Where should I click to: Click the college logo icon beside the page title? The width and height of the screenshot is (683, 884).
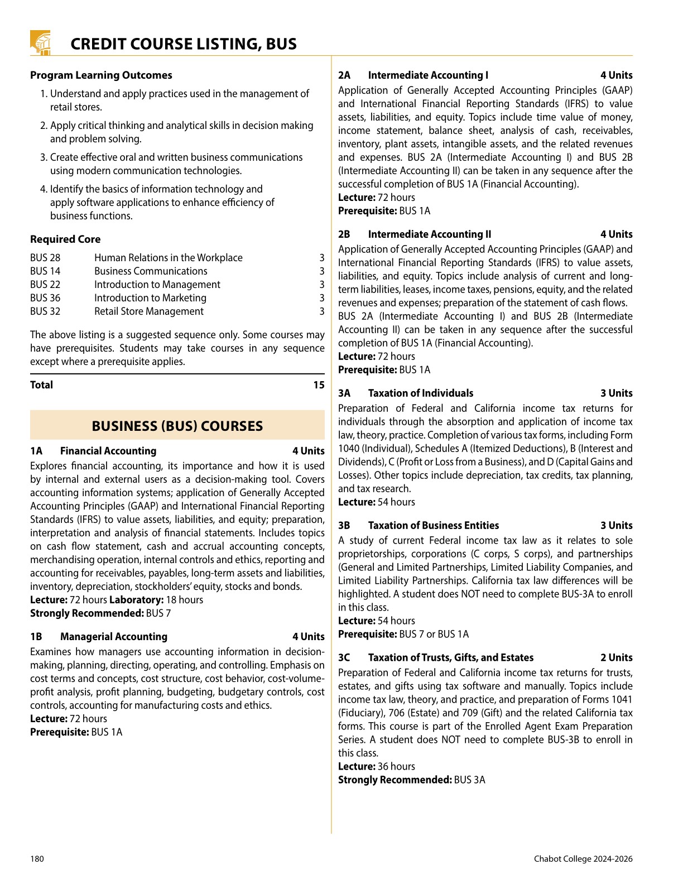(x=40, y=43)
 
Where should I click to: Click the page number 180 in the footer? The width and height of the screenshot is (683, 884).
(x=37, y=859)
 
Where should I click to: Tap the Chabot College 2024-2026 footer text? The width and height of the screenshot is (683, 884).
(x=583, y=859)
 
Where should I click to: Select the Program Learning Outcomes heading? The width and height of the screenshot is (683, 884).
(x=101, y=75)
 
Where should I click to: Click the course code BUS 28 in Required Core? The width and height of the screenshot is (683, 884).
(x=45, y=258)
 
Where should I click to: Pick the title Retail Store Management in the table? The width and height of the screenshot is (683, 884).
(x=149, y=311)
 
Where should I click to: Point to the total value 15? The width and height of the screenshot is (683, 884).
(x=319, y=385)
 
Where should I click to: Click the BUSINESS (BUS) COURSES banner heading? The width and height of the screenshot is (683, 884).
(x=177, y=426)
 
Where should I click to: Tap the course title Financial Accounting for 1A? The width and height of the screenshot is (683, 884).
(x=108, y=451)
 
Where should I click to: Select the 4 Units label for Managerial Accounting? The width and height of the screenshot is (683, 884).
(x=308, y=637)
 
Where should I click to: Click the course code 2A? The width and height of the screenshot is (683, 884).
(x=344, y=75)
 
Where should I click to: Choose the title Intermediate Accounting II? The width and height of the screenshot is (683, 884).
(x=430, y=234)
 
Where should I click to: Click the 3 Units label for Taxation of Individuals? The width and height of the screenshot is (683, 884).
(x=616, y=393)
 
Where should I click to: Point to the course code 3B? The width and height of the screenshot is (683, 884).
(x=344, y=526)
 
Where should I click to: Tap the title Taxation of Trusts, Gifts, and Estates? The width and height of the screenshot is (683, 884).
(x=451, y=658)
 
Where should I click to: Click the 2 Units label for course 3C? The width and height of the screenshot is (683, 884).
(x=616, y=658)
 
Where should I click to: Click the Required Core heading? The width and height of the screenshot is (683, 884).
(x=65, y=239)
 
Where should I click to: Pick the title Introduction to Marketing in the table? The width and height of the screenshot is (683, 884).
(x=150, y=298)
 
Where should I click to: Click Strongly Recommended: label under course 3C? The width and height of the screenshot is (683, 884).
(x=395, y=780)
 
